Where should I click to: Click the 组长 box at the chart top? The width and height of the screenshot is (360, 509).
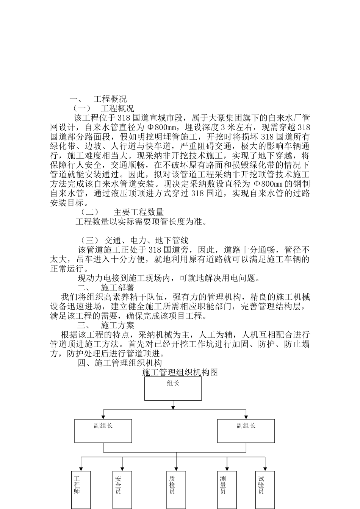173,388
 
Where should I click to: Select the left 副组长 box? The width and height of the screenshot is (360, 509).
103,431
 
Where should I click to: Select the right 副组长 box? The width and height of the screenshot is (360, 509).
246,431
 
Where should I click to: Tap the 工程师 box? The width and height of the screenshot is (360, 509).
81,489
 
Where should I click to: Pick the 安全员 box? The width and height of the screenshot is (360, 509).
122,489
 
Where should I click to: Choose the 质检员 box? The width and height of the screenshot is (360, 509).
176,489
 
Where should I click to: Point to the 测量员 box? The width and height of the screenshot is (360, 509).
227,489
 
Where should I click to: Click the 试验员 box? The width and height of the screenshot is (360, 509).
265,489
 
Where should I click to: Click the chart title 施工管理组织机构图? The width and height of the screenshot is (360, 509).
180,372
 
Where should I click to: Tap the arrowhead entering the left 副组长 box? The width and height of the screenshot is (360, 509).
103,417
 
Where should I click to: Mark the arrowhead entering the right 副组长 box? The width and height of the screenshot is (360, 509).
246,417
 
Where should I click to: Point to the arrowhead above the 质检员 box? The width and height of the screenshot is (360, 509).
176,469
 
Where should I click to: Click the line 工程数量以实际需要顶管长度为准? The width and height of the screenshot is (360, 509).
141,222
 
